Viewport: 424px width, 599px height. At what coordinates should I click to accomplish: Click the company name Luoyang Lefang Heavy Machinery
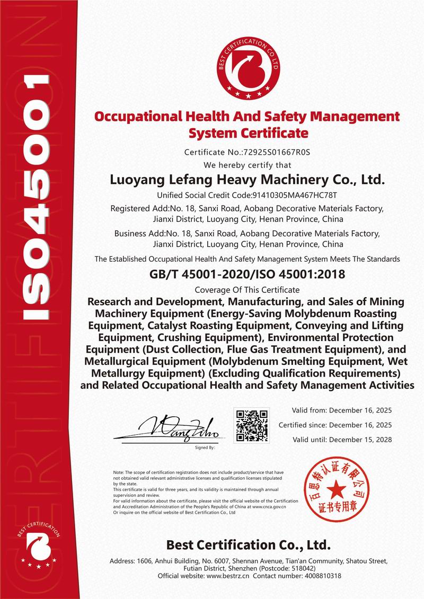point(246,180)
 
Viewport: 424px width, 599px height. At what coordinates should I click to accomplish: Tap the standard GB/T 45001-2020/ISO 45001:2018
point(246,274)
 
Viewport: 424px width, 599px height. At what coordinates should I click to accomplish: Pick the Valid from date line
point(342,410)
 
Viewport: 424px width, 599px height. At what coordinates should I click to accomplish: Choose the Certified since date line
point(335,425)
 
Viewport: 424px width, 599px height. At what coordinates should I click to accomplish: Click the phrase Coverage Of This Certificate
point(247,290)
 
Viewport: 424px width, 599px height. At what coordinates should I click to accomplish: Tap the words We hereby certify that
point(247,165)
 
